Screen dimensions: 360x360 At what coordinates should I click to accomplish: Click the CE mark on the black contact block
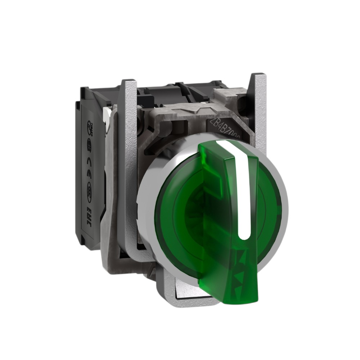click(x=89, y=172)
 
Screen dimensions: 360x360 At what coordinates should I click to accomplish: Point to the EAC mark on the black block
click(x=89, y=219)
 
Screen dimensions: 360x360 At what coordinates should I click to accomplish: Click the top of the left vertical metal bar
click(x=129, y=84)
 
